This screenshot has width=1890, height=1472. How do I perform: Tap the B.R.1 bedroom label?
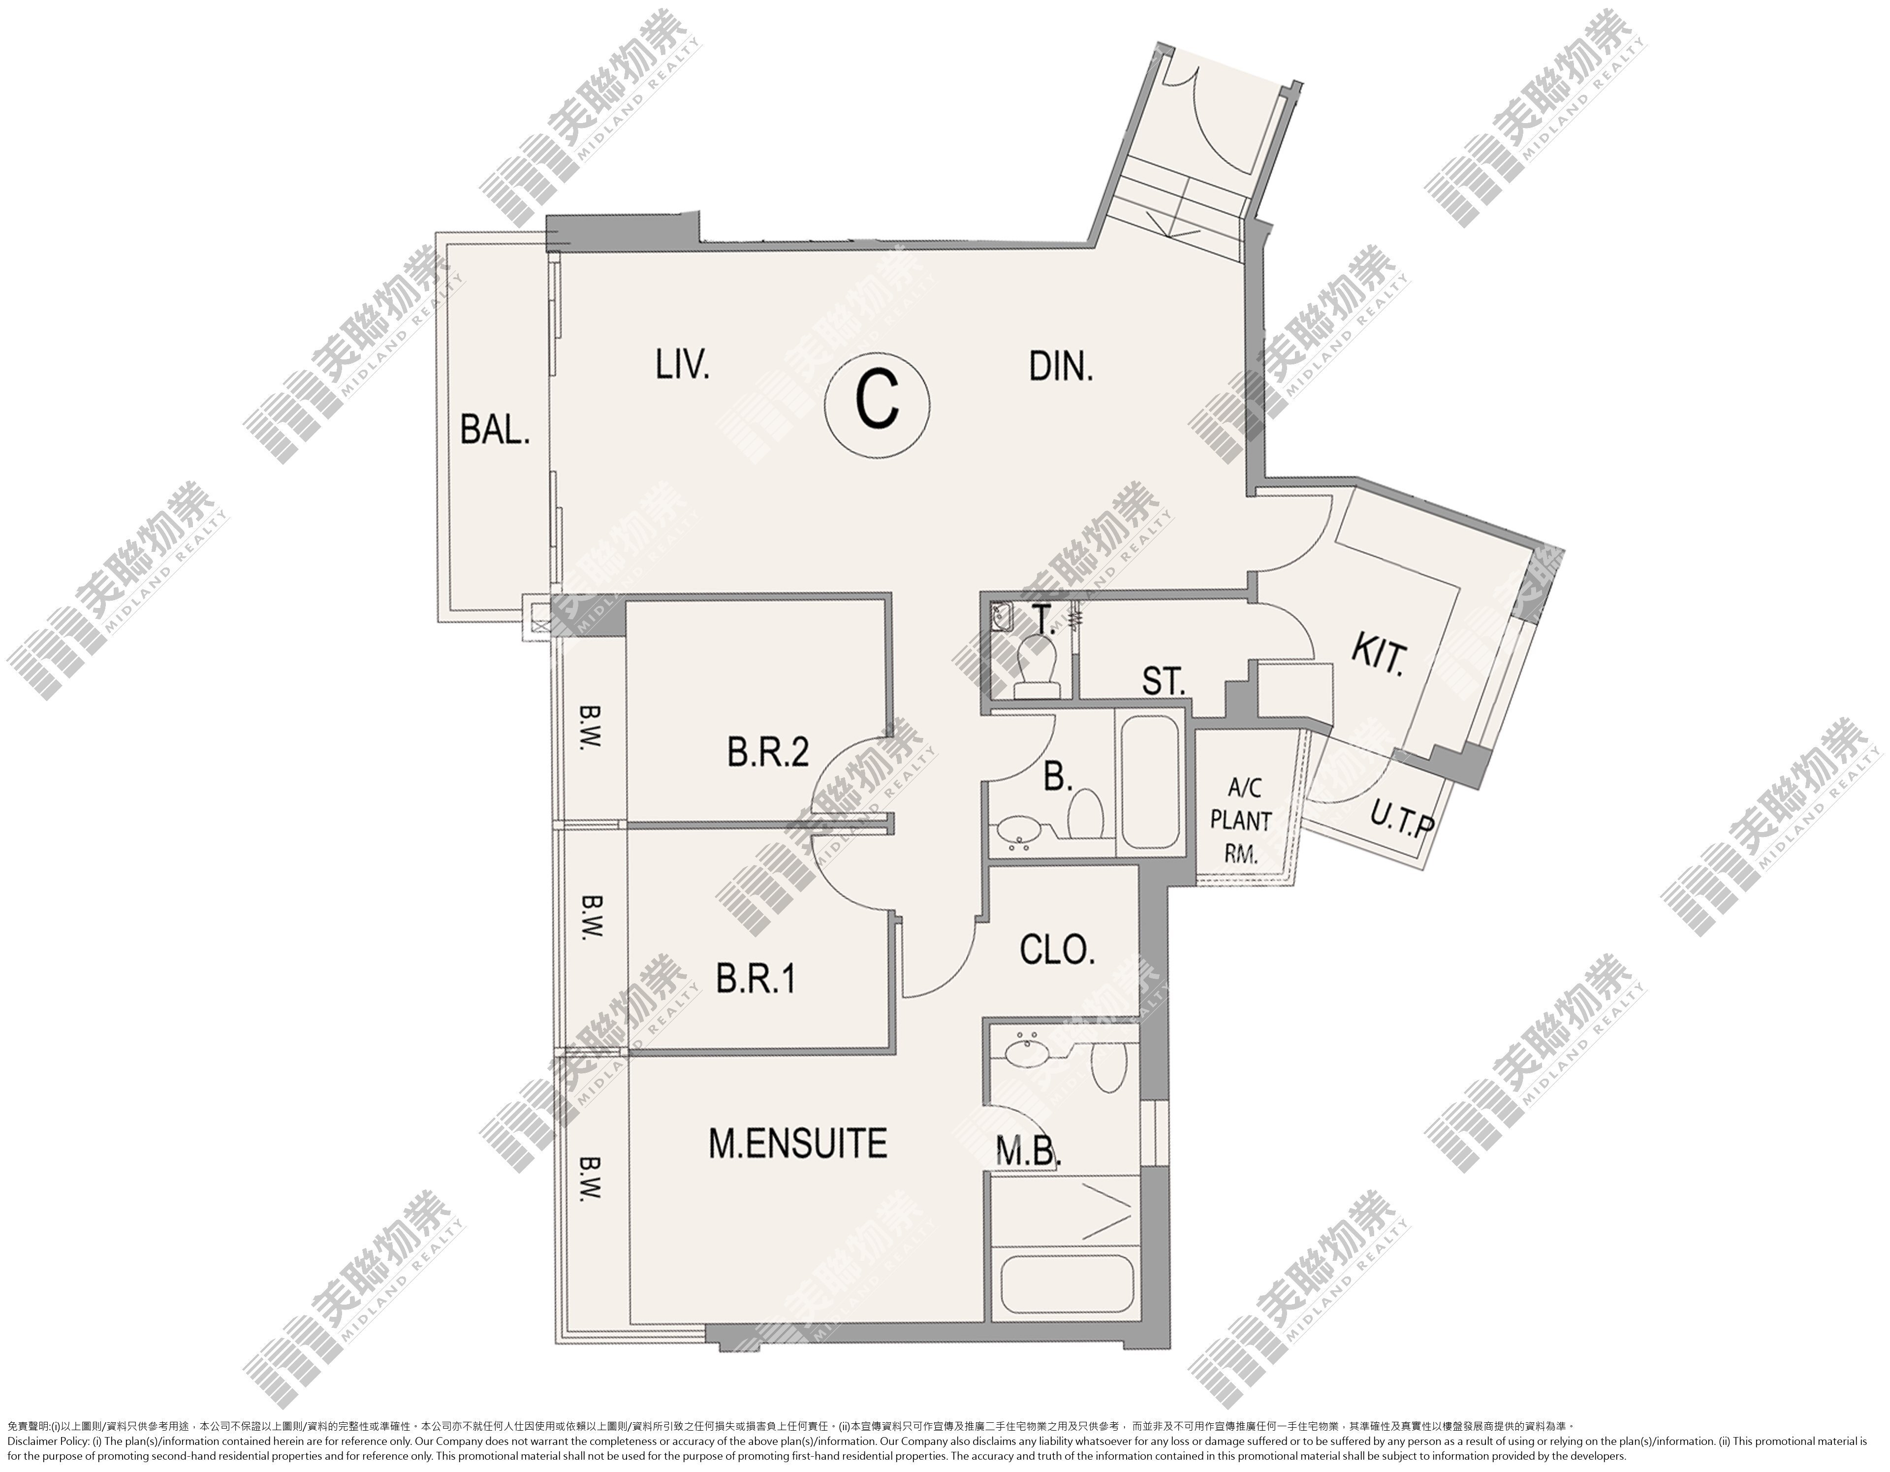pos(756,979)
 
